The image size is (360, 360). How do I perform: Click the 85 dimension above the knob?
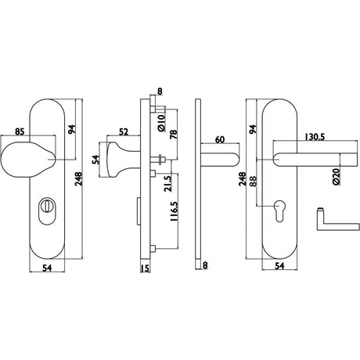pyautogui.click(x=20, y=131)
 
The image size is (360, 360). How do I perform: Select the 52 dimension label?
pyautogui.click(x=124, y=132)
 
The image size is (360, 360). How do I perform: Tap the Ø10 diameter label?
pyautogui.click(x=161, y=123)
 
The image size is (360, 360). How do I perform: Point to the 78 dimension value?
pyautogui.click(x=174, y=134)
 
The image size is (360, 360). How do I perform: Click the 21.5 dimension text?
pyautogui.click(x=168, y=184)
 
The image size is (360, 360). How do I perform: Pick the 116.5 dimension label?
pyautogui.click(x=174, y=211)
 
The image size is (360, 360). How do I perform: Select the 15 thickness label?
pyautogui.click(x=146, y=268)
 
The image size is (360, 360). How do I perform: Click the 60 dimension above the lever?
pyautogui.click(x=220, y=139)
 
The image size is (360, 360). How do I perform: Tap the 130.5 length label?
pyautogui.click(x=315, y=137)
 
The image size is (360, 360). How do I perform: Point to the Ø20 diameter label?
pyautogui.click(x=337, y=177)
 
